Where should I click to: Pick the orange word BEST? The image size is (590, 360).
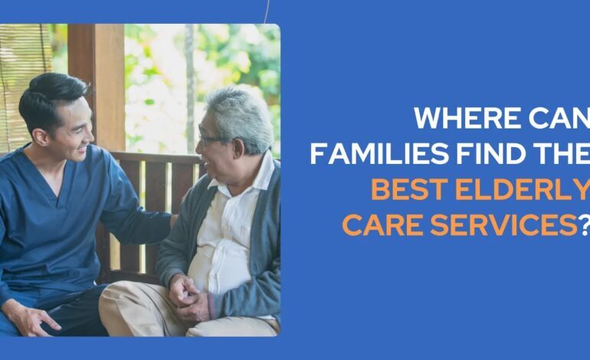pos(412,188)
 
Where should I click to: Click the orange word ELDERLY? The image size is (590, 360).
pos(526,188)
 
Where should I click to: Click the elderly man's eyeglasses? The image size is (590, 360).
pos(210,139)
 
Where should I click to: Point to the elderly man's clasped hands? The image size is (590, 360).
pos(186,294)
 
